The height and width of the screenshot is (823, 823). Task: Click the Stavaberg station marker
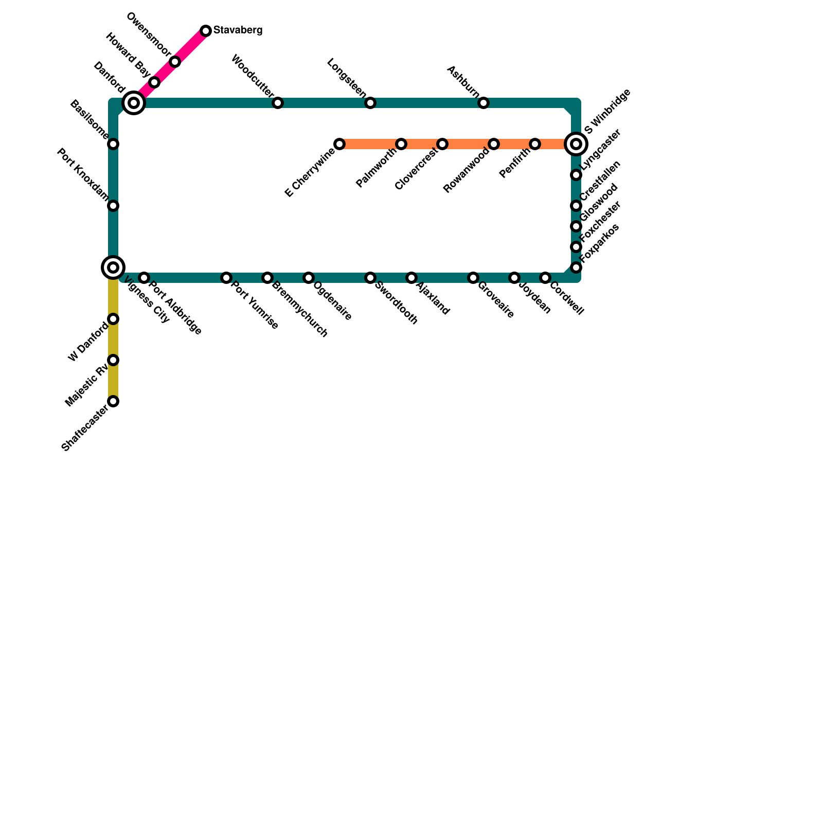pyautogui.click(x=206, y=31)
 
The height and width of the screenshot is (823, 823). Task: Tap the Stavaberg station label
pyautogui.click(x=238, y=30)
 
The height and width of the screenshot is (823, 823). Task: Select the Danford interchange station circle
pyautogui.click(x=134, y=103)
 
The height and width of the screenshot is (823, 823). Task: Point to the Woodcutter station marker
pyautogui.click(x=278, y=103)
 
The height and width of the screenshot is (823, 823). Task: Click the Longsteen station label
pyautogui.click(x=347, y=79)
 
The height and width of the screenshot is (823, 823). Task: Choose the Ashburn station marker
pyautogui.click(x=484, y=103)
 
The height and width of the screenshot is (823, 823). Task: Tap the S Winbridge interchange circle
pyautogui.click(x=576, y=144)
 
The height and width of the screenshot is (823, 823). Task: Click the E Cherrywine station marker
pyautogui.click(x=339, y=144)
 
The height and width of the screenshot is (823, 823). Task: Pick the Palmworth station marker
pyautogui.click(x=401, y=144)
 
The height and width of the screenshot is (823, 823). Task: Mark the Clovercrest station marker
pyautogui.click(x=442, y=144)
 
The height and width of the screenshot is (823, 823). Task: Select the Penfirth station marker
pyautogui.click(x=535, y=144)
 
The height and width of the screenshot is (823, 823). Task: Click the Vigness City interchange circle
pyautogui.click(x=113, y=267)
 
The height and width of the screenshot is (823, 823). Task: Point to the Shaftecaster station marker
pyautogui.click(x=113, y=401)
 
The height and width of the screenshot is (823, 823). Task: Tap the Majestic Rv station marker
pyautogui.click(x=113, y=360)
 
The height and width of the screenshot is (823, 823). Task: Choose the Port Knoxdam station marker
pyautogui.click(x=113, y=206)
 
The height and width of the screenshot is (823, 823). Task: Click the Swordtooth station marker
pyautogui.click(x=370, y=278)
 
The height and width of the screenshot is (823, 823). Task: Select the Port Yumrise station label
pyautogui.click(x=255, y=306)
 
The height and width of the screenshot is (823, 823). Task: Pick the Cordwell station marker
pyautogui.click(x=545, y=278)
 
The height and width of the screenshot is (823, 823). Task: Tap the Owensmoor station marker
pyautogui.click(x=175, y=62)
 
